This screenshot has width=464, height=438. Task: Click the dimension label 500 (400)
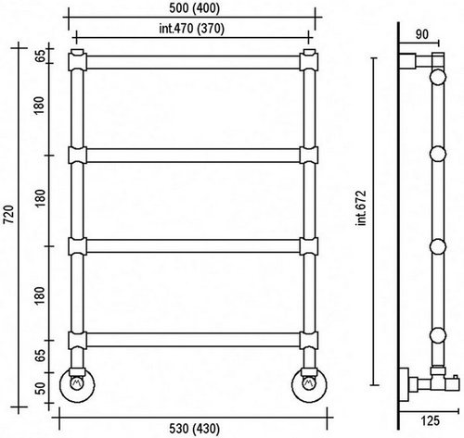tap(194, 8)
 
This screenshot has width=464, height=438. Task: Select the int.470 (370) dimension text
tap(191, 29)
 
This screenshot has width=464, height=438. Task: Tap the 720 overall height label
tap(8, 214)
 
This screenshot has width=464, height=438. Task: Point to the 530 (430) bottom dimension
tap(195, 429)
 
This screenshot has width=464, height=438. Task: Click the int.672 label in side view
tap(361, 208)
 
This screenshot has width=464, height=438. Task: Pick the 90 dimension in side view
tap(422, 34)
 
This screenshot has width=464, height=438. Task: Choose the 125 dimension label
tap(430, 420)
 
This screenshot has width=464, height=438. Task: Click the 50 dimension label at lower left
tap(40, 388)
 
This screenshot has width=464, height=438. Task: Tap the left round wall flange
tap(77, 384)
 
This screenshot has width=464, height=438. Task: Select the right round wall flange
tap(309, 384)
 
